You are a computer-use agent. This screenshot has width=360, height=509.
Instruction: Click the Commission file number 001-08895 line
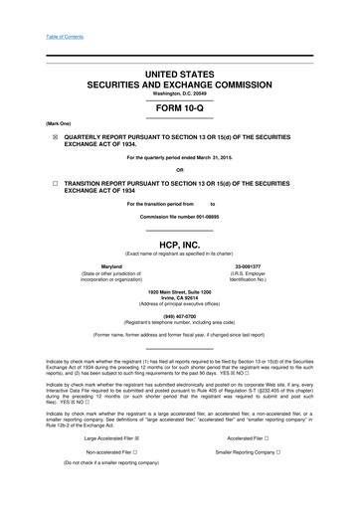tap(180, 216)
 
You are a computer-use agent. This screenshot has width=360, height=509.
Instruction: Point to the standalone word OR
tap(180, 167)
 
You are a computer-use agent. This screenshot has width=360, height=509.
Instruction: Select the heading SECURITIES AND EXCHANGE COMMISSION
tap(180, 85)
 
